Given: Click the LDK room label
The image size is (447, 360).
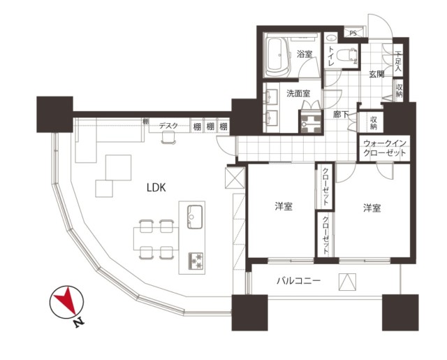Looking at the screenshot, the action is [156, 187].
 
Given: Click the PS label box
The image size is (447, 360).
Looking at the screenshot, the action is [353, 33].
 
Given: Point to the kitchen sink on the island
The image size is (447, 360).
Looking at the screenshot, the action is [195, 217].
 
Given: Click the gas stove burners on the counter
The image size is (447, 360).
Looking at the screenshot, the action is [196, 261].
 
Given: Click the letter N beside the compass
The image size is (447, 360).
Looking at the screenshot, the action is [79, 322].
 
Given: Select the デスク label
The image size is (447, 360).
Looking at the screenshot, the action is [168, 126].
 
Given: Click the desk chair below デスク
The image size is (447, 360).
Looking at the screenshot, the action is [169, 138].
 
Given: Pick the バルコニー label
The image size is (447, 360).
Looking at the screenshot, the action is [299, 281].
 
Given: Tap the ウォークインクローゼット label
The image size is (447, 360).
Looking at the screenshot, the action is [384, 148].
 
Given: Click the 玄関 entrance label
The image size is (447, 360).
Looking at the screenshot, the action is [376, 74].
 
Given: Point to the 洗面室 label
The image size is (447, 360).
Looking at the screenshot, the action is [298, 93].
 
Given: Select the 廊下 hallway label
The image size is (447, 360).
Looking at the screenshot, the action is [341, 115].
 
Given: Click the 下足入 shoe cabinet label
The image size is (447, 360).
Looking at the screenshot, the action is [398, 61].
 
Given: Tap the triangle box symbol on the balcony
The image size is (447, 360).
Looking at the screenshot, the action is [348, 282].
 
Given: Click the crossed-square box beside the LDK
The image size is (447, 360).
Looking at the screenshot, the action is [235, 178].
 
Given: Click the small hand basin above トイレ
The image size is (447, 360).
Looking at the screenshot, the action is [331, 38].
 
